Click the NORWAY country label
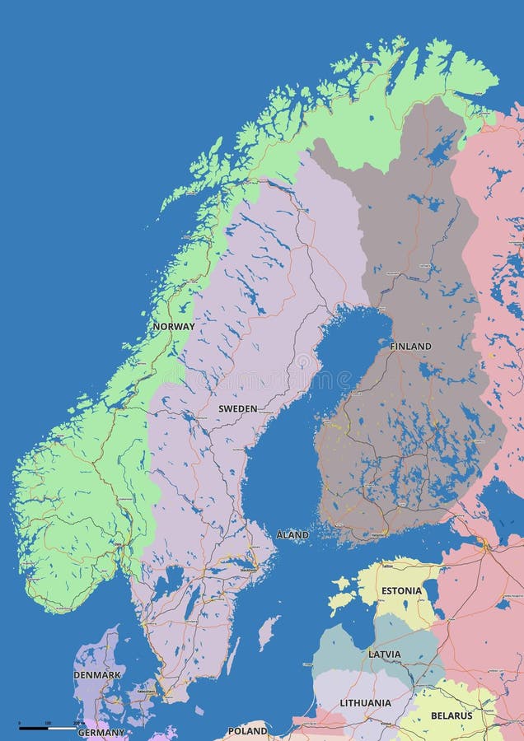(x=173, y=326)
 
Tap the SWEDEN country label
(x=237, y=408)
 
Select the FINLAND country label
(x=410, y=347)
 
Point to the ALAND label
(x=292, y=535)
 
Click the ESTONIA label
(x=401, y=591)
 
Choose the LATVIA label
(x=385, y=655)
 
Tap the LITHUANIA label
(x=365, y=702)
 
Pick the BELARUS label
(x=451, y=715)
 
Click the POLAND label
(x=247, y=730)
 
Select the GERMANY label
(x=101, y=732)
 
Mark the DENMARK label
(x=97, y=675)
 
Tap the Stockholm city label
(x=247, y=569)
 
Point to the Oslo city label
(x=118, y=545)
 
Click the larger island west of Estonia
(x=339, y=603)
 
